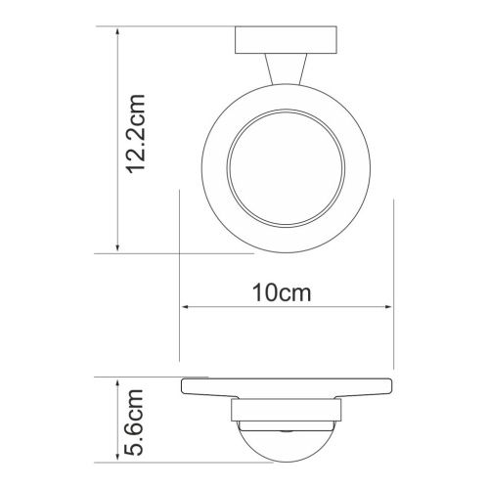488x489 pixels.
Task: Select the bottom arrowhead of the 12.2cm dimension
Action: [118, 248]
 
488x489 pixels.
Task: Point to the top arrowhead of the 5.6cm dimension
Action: [118, 379]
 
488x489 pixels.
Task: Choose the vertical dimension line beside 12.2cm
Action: [118, 137]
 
